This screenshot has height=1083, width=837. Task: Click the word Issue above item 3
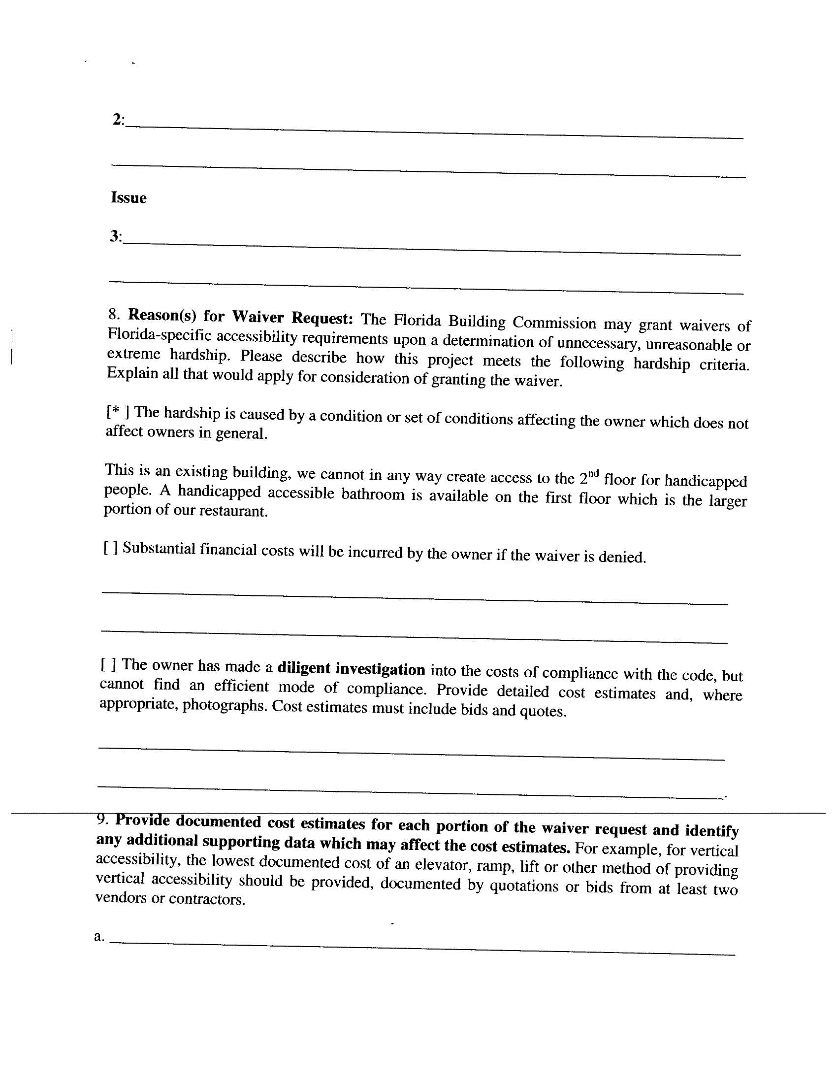pos(129,197)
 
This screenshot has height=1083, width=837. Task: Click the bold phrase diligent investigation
pos(351,669)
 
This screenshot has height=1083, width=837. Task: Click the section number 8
pos(114,314)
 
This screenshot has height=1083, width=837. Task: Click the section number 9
pos(101,820)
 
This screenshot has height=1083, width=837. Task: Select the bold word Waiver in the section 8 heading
pos(258,316)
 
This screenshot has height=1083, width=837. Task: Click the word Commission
pos(554,323)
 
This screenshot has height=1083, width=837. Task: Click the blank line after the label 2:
pos(434,131)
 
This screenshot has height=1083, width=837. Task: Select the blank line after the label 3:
pos(431,248)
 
